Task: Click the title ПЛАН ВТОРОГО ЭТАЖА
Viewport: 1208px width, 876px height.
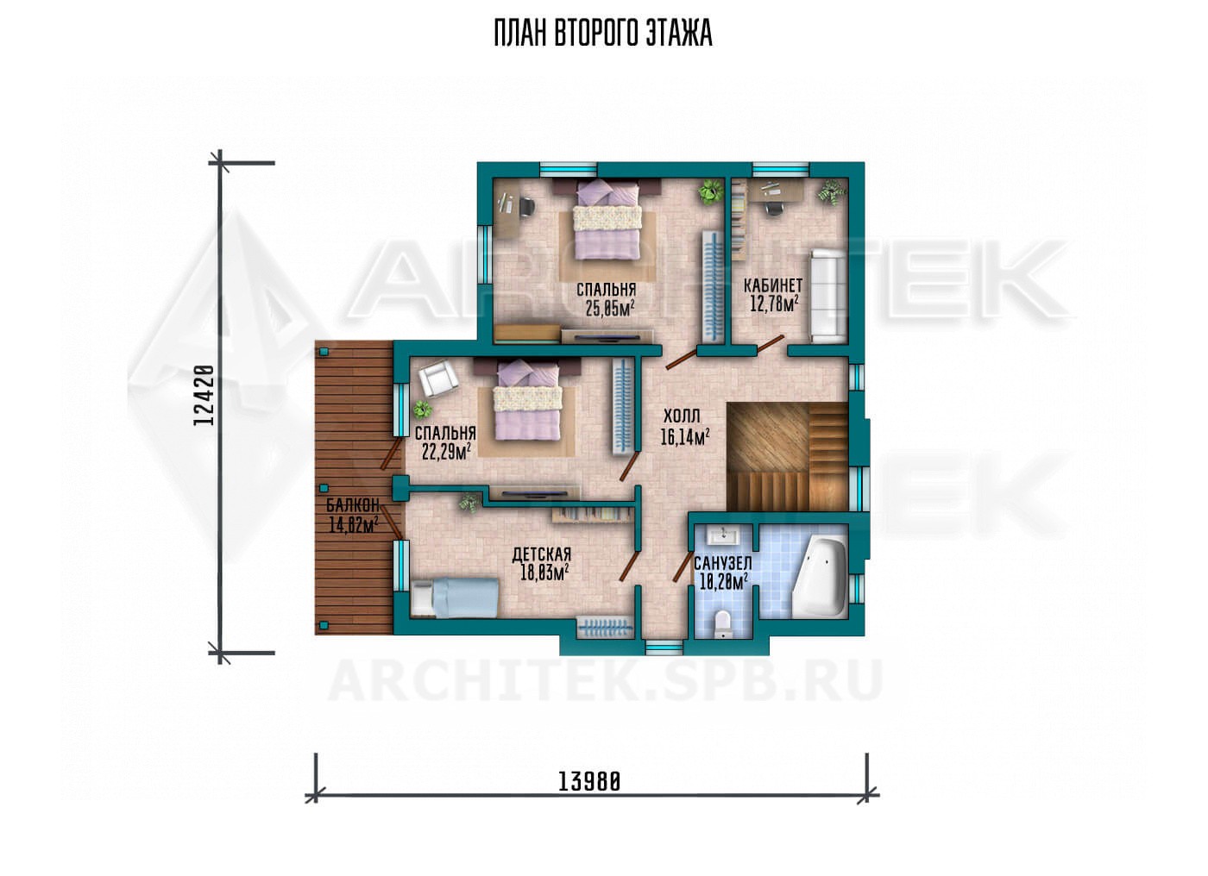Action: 603,34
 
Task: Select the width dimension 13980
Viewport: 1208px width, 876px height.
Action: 588,782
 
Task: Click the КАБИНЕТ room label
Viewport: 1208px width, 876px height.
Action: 773,285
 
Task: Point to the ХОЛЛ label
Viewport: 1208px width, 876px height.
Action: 682,416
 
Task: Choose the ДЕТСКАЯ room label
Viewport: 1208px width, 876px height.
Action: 542,554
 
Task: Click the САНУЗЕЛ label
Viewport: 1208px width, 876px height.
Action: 723,564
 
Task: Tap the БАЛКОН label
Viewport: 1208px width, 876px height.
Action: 353,504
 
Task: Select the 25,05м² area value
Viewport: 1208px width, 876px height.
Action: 609,308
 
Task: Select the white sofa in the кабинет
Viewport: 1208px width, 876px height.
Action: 827,295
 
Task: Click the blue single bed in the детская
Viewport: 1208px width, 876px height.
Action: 454,598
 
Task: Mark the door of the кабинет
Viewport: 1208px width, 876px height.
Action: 770,344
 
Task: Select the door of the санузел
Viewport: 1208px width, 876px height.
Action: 683,566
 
